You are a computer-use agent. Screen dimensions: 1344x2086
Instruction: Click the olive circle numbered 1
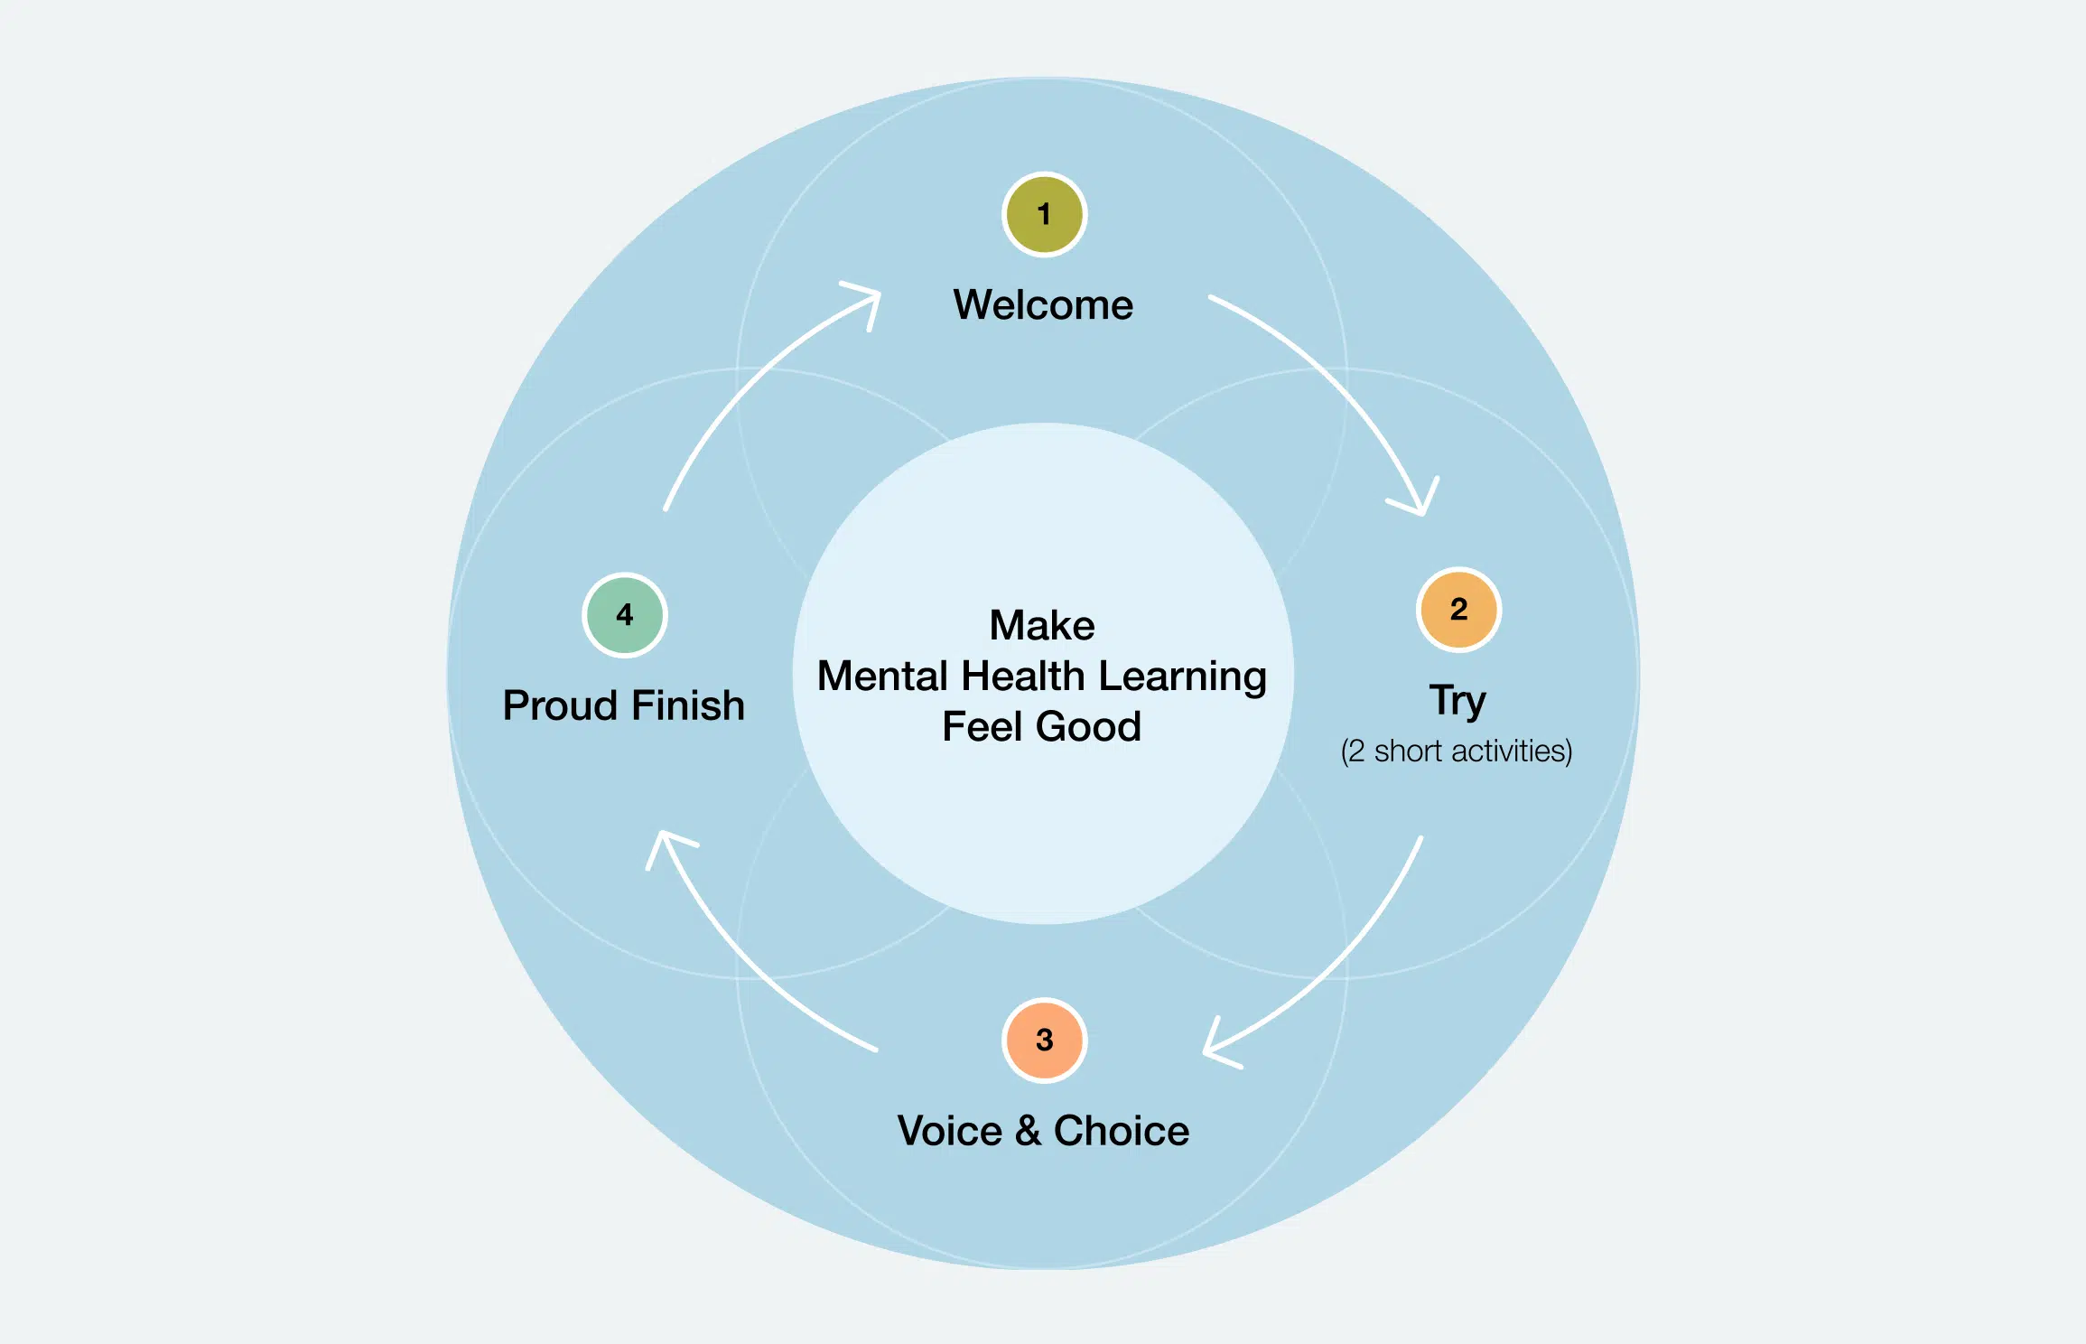(1044, 215)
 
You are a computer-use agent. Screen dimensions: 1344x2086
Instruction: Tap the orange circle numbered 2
(1458, 610)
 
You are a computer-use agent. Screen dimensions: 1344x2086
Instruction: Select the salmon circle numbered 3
(1044, 1040)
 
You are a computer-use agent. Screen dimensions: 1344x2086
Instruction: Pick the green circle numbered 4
(624, 615)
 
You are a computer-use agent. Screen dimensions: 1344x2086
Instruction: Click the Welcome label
(1043, 305)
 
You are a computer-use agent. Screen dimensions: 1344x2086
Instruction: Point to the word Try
(1457, 701)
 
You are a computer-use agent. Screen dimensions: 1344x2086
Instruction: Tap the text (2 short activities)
(1456, 751)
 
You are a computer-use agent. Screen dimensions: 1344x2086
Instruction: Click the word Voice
(949, 1131)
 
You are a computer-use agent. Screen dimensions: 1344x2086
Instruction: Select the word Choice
(1121, 1131)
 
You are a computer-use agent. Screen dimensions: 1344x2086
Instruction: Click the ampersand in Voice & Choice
(1028, 1131)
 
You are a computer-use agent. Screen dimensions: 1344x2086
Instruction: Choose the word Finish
(688, 705)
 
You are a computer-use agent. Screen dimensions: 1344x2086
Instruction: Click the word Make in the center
(1042, 625)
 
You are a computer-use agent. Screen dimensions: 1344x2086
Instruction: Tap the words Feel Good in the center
(1041, 726)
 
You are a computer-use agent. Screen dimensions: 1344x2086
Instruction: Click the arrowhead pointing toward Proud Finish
(666, 844)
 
